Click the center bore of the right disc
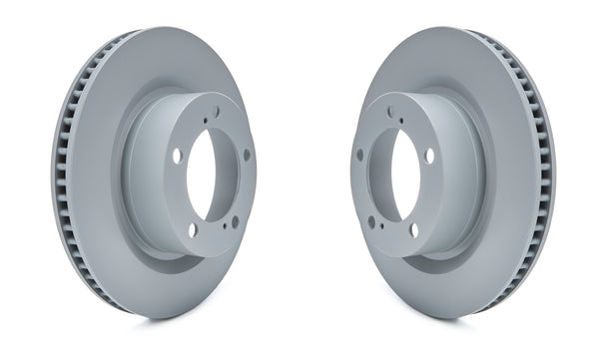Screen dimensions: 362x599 (404, 175)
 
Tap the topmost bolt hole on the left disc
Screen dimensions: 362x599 (215, 113)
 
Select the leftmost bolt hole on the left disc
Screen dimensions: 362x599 (177, 156)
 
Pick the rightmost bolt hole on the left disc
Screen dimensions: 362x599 (247, 155)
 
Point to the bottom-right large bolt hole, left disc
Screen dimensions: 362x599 (236, 221)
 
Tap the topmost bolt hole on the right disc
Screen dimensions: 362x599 (389, 113)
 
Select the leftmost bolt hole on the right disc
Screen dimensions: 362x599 (359, 155)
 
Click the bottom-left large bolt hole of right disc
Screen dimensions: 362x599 (370, 221)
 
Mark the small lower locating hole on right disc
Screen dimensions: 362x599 (379, 228)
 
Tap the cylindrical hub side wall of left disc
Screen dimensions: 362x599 (140, 180)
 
